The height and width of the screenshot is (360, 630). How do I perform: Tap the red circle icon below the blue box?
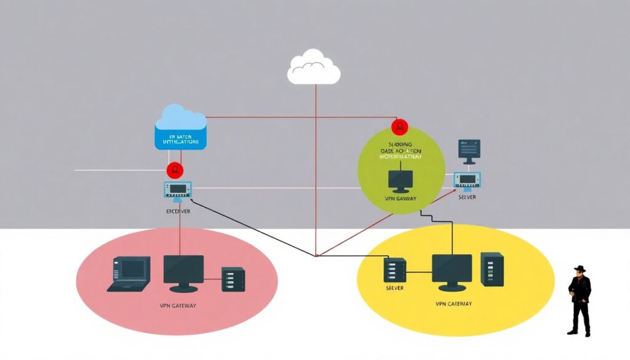175,169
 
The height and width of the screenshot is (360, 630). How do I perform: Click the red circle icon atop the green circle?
400,127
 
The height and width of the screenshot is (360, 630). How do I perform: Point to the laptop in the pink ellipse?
129,274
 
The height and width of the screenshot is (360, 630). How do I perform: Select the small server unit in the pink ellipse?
233,279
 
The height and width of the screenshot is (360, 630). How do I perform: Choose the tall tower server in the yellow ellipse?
492,270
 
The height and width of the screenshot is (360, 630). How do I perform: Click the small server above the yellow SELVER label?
394,270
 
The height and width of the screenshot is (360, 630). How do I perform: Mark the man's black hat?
580,269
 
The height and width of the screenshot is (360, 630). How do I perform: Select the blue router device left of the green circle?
178,190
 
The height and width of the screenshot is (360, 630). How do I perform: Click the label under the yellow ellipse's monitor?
453,303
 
